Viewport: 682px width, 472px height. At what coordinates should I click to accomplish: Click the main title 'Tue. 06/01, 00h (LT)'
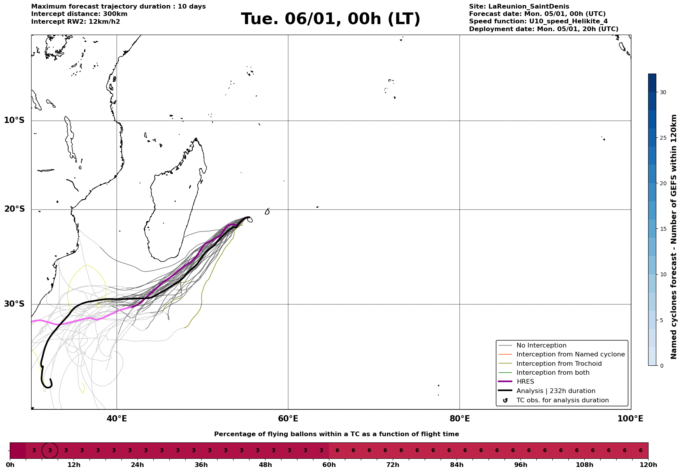[330, 19]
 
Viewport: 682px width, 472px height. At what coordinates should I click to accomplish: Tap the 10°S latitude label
[14, 120]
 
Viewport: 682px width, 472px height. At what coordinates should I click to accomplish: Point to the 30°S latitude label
[14, 304]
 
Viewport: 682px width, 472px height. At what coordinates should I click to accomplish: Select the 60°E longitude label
[288, 419]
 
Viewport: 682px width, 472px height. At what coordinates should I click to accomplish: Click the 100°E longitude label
[630, 419]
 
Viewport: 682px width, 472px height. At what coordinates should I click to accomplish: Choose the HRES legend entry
[525, 382]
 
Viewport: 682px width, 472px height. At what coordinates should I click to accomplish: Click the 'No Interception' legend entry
[541, 346]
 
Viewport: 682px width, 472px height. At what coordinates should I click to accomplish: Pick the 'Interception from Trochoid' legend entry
[559, 364]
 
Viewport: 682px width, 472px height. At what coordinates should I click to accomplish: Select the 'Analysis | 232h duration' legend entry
[555, 391]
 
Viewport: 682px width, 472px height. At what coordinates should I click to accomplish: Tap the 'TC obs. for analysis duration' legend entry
[562, 400]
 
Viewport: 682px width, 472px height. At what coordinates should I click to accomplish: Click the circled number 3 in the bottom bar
[50, 451]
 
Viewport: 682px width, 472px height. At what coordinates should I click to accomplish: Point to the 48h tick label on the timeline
[265, 465]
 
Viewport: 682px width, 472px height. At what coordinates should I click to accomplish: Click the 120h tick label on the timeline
[648, 465]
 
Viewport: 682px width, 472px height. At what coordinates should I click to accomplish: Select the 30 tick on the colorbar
[663, 92]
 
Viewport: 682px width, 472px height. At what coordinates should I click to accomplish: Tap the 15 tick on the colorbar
[663, 229]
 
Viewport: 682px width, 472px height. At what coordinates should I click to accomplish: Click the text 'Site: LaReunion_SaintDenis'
[519, 7]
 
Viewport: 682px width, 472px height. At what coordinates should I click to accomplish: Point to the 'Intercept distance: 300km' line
[79, 14]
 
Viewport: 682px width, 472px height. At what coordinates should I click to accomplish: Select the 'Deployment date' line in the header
[543, 29]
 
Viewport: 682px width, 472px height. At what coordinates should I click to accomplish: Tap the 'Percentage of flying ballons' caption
[336, 434]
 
